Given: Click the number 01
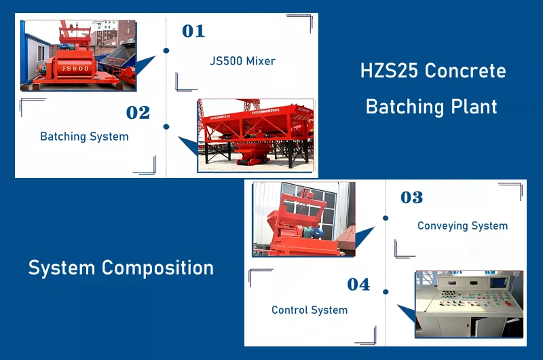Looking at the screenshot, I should pyautogui.click(x=193, y=31).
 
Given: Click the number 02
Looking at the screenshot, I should pyautogui.click(x=138, y=113).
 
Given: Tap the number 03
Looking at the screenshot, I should pyautogui.click(x=411, y=198).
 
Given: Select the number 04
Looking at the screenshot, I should pyautogui.click(x=358, y=285).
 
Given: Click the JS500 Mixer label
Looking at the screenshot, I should pyautogui.click(x=242, y=61).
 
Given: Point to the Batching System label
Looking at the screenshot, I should pyautogui.click(x=84, y=137).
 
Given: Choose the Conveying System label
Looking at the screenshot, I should pyautogui.click(x=462, y=226).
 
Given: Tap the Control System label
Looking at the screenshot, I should pyautogui.click(x=310, y=310).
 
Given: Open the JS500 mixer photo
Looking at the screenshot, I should pyautogui.click(x=78, y=56).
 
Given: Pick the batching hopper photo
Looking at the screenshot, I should pyautogui.click(x=255, y=134).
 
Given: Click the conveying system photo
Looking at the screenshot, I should pyautogui.click(x=303, y=219).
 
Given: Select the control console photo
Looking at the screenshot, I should pyautogui.click(x=469, y=304).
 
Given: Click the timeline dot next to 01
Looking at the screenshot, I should pyautogui.click(x=166, y=50).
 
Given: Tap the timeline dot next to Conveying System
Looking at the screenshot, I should pyautogui.click(x=386, y=218).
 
